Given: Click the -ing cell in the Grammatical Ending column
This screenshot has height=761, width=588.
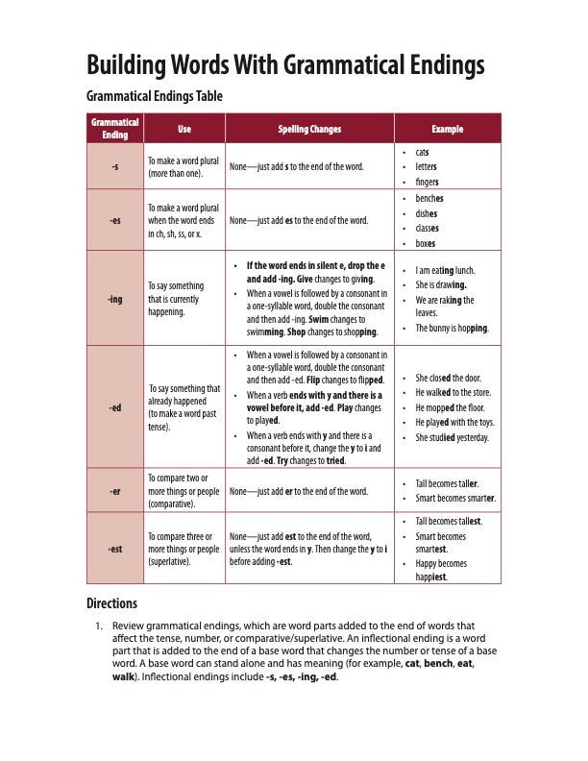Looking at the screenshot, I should [x=115, y=299].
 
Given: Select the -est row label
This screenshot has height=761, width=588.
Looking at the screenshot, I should [x=115, y=549].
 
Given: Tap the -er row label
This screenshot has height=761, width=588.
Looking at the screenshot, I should [x=115, y=491].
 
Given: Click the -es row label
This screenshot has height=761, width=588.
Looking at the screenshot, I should [x=115, y=220].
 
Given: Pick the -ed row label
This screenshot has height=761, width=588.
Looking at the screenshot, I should [x=115, y=407].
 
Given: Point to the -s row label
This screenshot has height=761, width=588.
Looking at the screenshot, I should [x=115, y=166].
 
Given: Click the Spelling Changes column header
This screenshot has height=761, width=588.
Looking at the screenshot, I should [x=309, y=129].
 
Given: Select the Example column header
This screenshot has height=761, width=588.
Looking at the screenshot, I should [x=447, y=129].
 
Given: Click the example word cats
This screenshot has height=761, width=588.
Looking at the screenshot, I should [x=422, y=152].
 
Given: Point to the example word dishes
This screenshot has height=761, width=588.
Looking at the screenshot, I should [x=427, y=213].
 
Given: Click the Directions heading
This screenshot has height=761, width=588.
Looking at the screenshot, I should [x=112, y=603].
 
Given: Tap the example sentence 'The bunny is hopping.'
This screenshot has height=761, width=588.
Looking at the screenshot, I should [x=452, y=328].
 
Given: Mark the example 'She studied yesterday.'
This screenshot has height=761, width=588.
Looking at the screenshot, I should [x=452, y=437].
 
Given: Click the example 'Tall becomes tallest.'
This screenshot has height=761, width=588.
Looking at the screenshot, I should [x=449, y=520].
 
